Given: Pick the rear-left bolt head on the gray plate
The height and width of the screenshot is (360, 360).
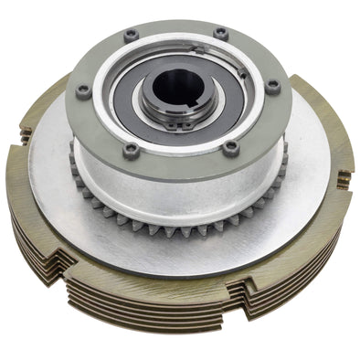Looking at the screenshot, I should (131, 36).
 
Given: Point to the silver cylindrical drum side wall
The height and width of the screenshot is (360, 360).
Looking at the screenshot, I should (174, 187).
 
